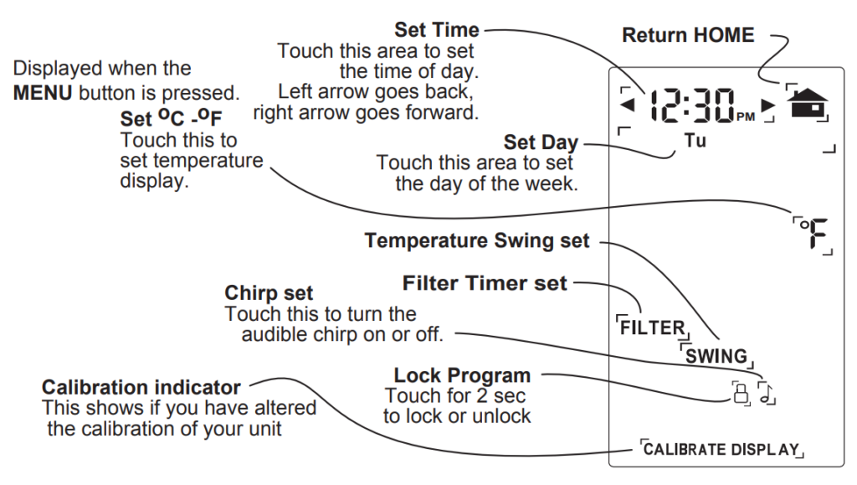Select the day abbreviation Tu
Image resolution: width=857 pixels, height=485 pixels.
(695, 142)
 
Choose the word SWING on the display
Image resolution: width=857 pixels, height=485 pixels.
(716, 355)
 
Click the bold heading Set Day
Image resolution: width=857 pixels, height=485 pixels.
(541, 143)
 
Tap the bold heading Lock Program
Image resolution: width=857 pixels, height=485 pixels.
(462, 374)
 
